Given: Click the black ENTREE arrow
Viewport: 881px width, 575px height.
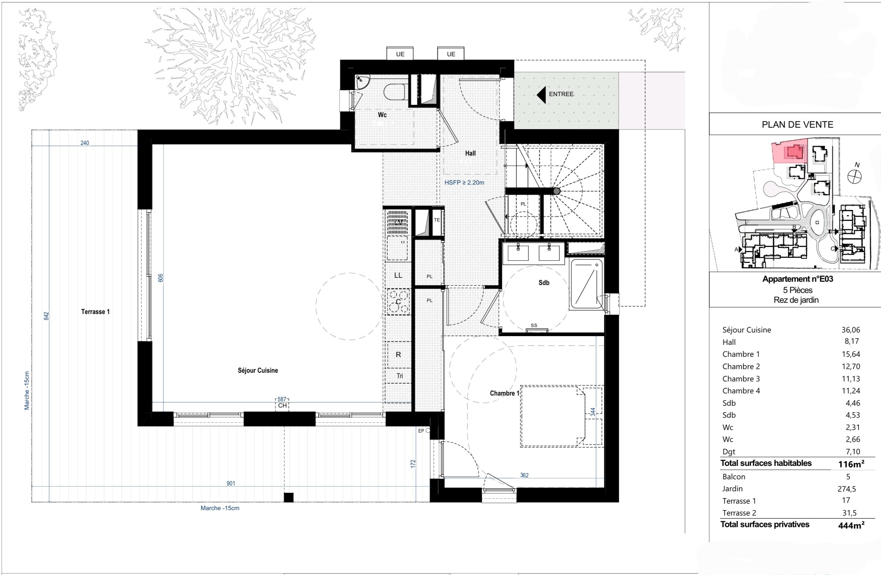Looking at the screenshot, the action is pos(541,95).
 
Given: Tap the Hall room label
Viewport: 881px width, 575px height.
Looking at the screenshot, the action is pos(470,153).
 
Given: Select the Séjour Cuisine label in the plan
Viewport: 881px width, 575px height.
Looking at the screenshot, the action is pos(258,371).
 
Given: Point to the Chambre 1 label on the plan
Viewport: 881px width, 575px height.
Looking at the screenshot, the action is pos(505,393).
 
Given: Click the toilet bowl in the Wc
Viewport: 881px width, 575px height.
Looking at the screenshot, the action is pos(395,92).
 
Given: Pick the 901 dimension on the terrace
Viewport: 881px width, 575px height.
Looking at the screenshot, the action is pos(231,483).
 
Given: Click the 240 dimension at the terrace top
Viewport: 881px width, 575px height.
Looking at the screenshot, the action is pos(85,143).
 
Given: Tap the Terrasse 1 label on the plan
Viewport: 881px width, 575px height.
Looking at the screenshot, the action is pos(95,312).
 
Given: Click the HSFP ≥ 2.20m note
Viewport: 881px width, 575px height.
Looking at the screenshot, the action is pos(464,182).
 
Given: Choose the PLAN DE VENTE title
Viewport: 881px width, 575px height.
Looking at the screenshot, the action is pos(797,125).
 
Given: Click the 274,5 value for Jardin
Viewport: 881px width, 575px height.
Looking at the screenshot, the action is pos(847,489).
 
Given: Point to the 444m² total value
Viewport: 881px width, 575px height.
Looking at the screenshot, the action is pos(851,525).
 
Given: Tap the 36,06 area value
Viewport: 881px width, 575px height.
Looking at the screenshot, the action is pos(851,330).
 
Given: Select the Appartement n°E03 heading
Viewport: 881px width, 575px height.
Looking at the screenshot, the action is pos(797,279).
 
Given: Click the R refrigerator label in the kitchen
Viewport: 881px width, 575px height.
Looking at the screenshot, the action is pos(398,355).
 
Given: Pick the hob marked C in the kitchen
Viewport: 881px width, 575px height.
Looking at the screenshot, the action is pos(398,302).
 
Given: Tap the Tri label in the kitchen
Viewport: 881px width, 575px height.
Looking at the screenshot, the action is pos(400,376).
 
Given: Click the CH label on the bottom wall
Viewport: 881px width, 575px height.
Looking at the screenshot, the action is pos(283,406).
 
